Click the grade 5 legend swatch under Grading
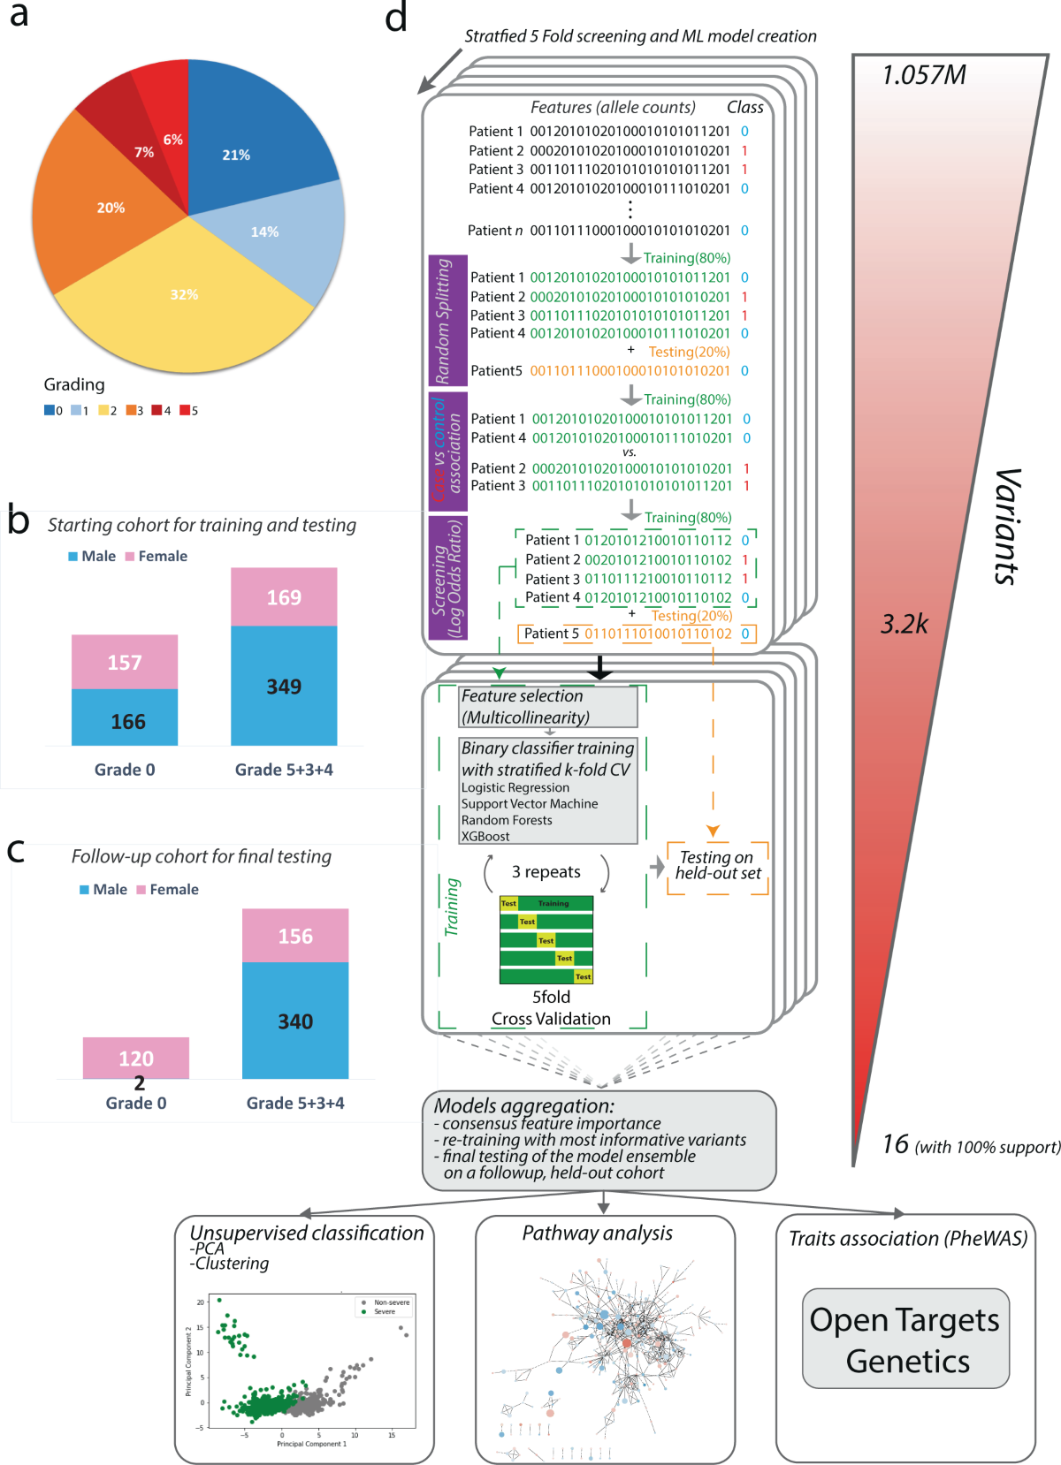pyautogui.click(x=184, y=410)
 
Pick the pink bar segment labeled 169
pyautogui.click(x=284, y=597)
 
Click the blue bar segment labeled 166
pyautogui.click(x=125, y=719)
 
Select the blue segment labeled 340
pyautogui.click(x=295, y=1021)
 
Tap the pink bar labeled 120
pyautogui.click(x=136, y=1057)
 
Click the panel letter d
pyautogui.click(x=396, y=18)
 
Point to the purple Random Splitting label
pyautogui.click(x=441, y=321)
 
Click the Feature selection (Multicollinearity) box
pyautogui.click(x=548, y=707)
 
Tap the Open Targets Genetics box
pyautogui.click(x=905, y=1339)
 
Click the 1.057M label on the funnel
pyautogui.click(x=924, y=75)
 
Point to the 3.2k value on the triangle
pyautogui.click(x=905, y=625)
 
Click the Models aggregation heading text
pyautogui.click(x=523, y=1105)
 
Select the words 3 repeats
pyautogui.click(x=546, y=872)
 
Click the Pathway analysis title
pyautogui.click(x=598, y=1233)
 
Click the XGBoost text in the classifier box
pyautogui.click(x=485, y=836)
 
